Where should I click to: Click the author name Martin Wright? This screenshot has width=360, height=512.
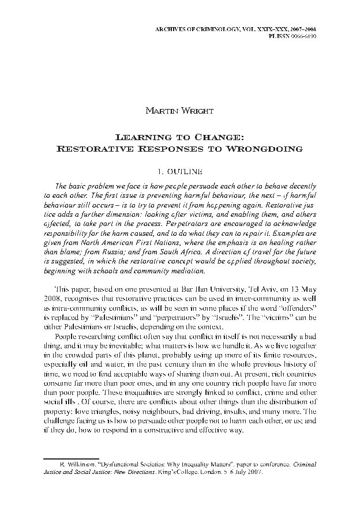click(179, 110)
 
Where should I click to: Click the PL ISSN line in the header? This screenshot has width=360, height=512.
click(298, 35)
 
